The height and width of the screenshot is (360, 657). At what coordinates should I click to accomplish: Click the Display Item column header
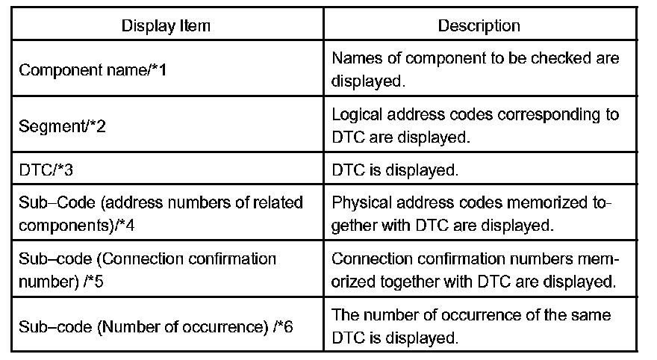pyautogui.click(x=166, y=25)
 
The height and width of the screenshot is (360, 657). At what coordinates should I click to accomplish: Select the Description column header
pyautogui.click(x=479, y=25)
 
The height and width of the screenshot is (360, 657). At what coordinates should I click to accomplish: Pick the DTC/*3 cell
pyautogui.click(x=46, y=170)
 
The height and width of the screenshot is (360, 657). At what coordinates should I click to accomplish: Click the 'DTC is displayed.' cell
pyautogui.click(x=393, y=170)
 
